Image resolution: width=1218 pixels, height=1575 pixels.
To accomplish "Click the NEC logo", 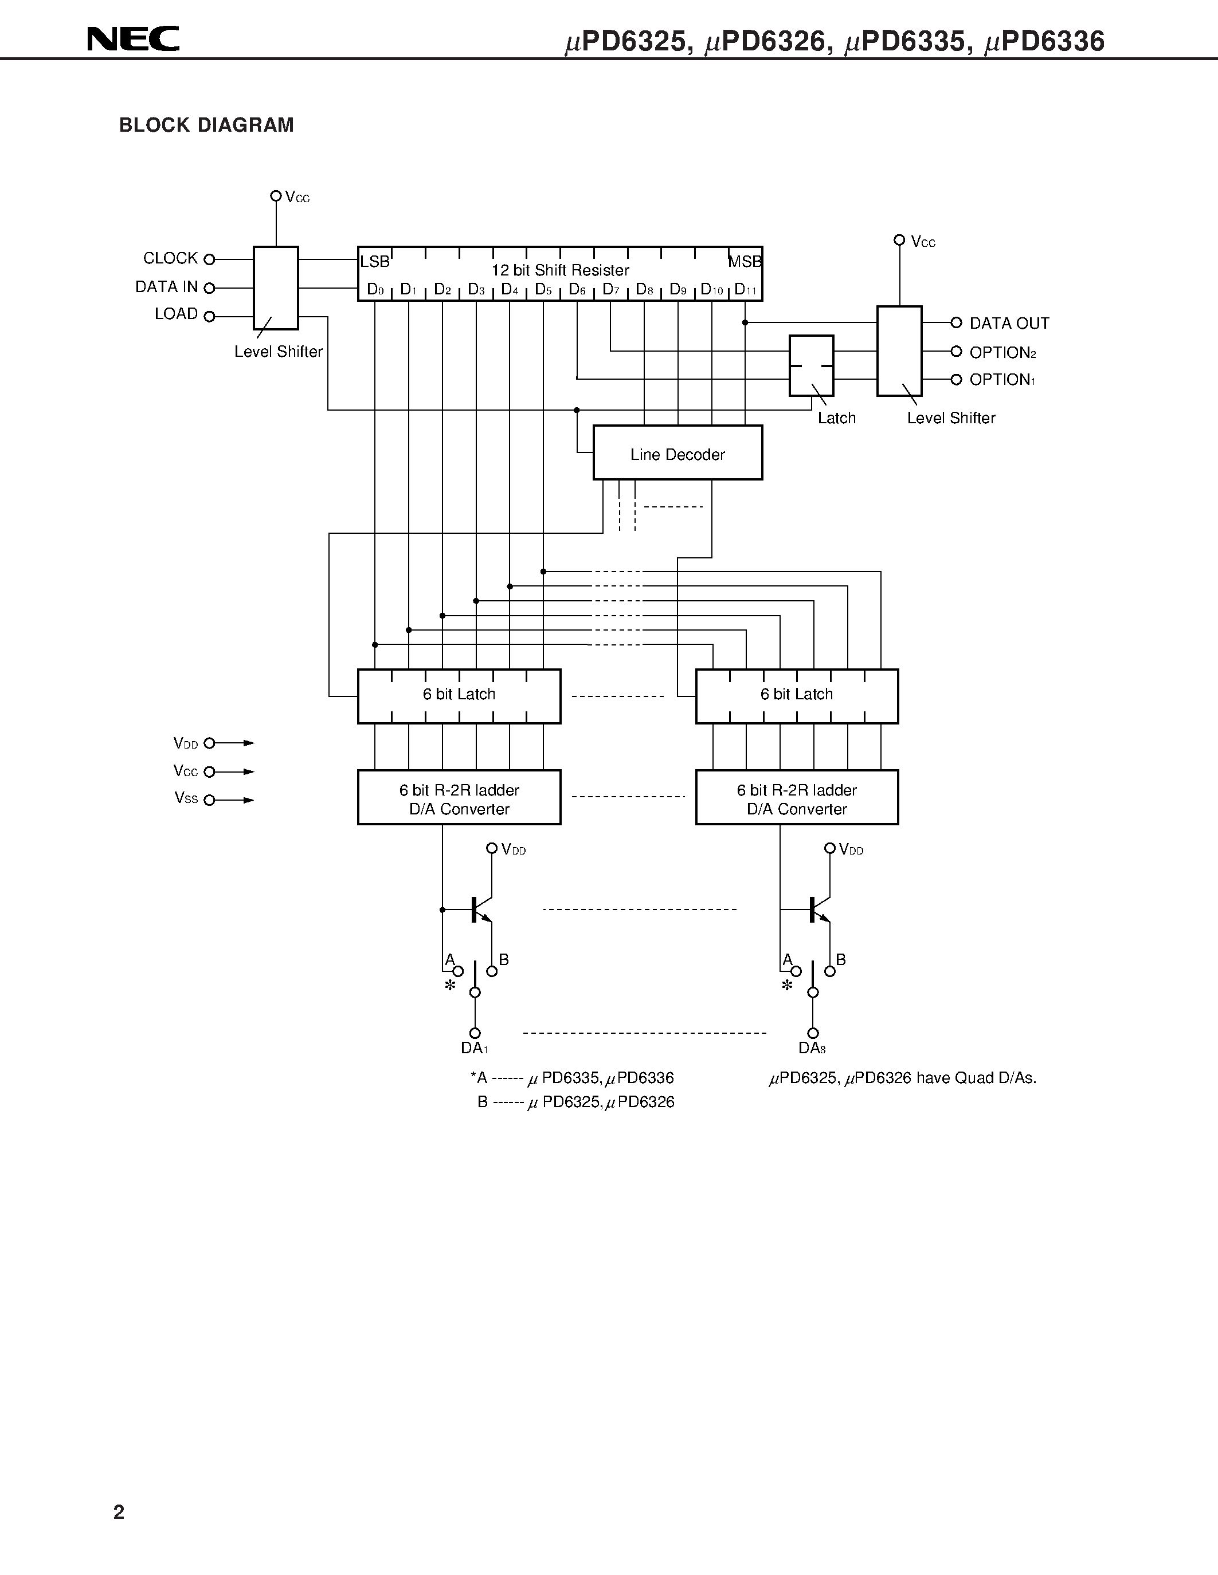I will coord(134,39).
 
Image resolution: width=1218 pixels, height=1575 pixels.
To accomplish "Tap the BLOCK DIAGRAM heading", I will coord(206,125).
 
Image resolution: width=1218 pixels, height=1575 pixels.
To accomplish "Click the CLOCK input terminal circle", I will coord(209,259).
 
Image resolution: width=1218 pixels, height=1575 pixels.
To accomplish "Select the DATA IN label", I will coord(166,287).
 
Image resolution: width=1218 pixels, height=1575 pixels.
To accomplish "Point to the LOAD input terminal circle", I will coord(209,316).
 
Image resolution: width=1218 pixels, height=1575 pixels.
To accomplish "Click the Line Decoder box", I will coord(677,453).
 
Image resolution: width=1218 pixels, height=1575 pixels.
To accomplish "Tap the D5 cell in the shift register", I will coord(543,290).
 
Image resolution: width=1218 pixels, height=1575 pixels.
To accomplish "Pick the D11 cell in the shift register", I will coord(745,290).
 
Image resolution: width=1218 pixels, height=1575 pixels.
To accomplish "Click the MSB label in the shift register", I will coord(745,262).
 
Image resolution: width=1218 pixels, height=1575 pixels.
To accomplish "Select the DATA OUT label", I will coord(1009,324).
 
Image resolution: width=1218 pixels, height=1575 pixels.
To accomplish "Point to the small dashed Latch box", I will coord(811,365).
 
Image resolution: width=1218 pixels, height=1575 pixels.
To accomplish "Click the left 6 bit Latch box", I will coord(459,696).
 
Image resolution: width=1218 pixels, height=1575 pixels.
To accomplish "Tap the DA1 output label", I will coord(474,1049).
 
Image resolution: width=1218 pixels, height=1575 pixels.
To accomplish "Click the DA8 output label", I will coord(812,1049).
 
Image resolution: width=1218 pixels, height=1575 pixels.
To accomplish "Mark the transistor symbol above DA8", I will coord(817,909).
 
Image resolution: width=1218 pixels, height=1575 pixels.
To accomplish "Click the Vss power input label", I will coord(186,798).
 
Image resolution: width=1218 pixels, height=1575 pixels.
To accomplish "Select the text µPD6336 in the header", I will coord(1044,42).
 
